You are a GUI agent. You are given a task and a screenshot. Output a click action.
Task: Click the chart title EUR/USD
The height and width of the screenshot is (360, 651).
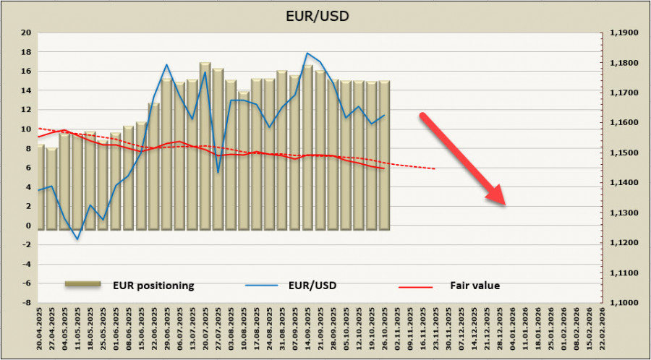[x=324, y=16]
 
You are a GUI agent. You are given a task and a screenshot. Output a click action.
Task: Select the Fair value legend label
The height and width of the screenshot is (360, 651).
[x=477, y=286]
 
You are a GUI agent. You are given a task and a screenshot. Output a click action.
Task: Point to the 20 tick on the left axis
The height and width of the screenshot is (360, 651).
[x=26, y=33]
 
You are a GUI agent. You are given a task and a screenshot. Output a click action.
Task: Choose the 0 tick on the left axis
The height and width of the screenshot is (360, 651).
[x=28, y=226]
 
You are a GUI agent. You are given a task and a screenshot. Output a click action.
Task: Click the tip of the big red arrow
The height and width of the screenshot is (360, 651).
[x=503, y=204]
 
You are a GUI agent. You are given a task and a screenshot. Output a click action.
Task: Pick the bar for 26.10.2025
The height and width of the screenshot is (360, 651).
[x=384, y=155]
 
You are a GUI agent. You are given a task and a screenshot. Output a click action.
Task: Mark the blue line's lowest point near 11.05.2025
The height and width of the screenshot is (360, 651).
[x=77, y=239]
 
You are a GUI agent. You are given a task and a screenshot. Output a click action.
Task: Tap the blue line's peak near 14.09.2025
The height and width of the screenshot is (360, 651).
[x=307, y=53]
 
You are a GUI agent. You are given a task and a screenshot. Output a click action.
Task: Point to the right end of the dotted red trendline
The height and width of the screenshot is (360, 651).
[x=435, y=169]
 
